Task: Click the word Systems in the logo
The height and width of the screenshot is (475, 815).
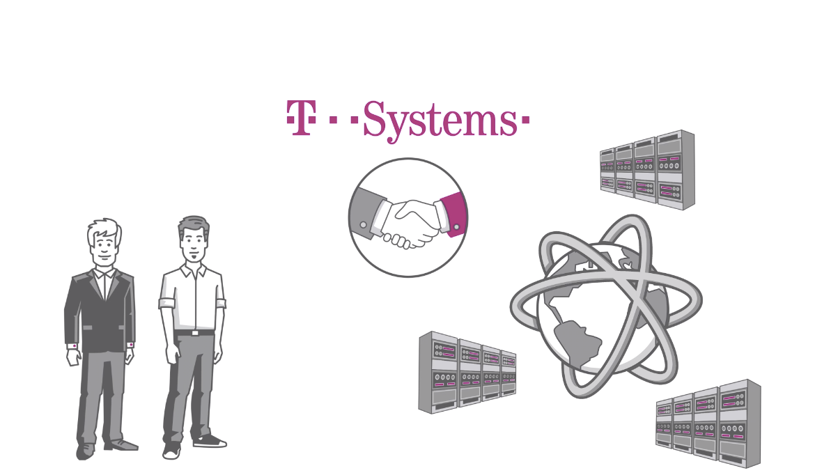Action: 439,120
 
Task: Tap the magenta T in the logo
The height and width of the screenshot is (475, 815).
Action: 300,118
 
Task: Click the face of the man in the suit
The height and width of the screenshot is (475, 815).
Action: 104,247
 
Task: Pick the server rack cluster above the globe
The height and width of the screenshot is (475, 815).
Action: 648,169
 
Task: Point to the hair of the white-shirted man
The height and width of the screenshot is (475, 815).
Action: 193,224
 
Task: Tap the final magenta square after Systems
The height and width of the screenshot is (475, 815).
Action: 525,120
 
